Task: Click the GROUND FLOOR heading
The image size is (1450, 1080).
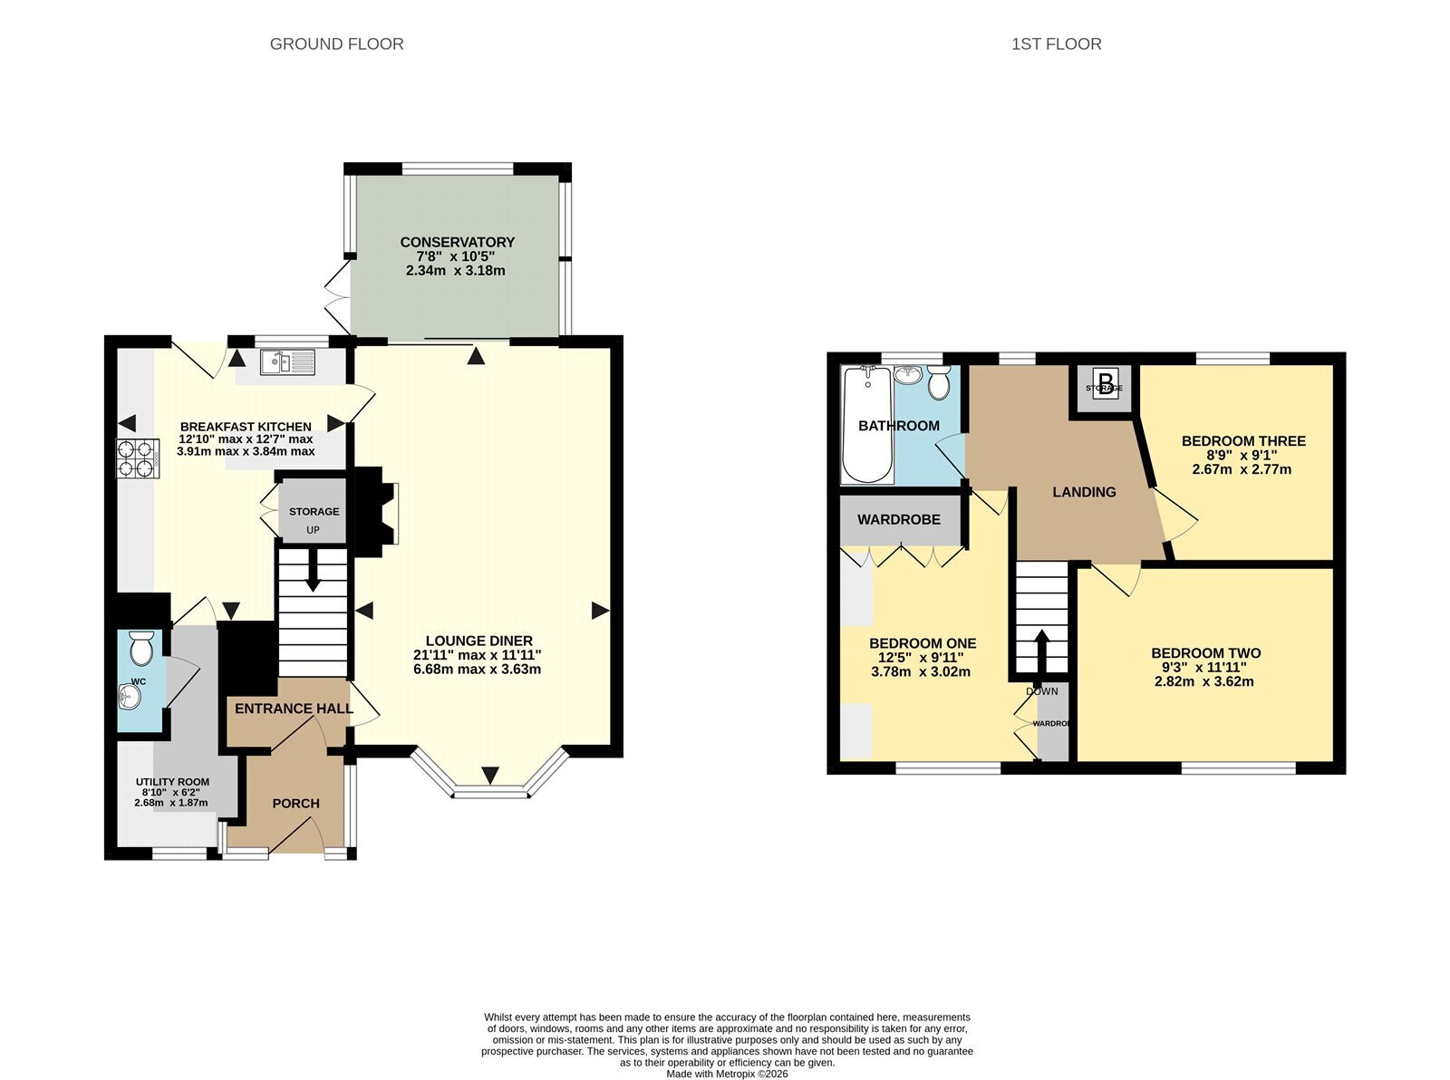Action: coord(337,43)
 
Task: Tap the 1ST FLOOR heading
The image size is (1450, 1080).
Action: coord(1057,43)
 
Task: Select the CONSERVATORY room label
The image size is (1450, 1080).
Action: coord(457,242)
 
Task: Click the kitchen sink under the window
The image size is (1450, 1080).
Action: coord(287,362)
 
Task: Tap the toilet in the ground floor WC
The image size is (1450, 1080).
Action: coord(140,647)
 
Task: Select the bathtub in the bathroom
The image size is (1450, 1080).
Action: coord(867,425)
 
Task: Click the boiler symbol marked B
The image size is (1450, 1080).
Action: coord(1105,381)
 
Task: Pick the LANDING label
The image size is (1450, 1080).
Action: coord(1084,492)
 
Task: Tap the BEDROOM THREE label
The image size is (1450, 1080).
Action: coord(1243,441)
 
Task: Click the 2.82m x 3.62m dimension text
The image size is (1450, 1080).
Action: coord(1204,682)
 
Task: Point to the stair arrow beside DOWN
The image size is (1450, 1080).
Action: coord(1040,651)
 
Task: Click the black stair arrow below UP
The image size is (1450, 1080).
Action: coord(314,569)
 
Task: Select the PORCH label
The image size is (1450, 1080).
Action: coord(296,804)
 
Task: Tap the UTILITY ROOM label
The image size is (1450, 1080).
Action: coord(172,782)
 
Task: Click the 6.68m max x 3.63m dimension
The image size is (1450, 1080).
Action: coord(478,670)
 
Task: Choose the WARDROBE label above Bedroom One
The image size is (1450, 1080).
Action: coord(899,520)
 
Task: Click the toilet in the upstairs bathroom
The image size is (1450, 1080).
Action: coord(939,382)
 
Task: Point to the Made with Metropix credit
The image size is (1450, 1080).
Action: coord(727,1074)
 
